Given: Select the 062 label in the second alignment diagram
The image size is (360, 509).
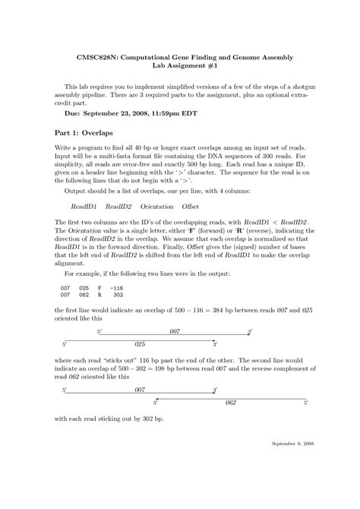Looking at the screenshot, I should [x=231, y=401].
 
